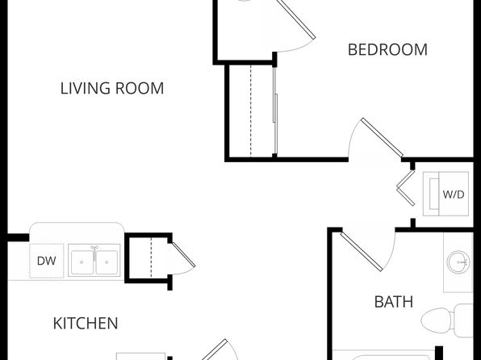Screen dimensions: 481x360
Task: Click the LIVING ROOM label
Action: (112, 89)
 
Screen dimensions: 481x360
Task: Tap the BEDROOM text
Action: (387, 50)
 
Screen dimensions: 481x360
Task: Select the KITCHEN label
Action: (86, 323)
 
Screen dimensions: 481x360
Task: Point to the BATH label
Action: (394, 302)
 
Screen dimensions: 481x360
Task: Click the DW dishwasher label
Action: (46, 261)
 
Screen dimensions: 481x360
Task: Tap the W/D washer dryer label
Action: (454, 195)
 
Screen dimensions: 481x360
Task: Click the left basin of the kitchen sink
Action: (82, 262)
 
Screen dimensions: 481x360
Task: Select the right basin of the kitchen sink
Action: (107, 262)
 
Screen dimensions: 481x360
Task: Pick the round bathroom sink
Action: (458, 262)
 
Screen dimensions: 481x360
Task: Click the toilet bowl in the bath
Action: (436, 320)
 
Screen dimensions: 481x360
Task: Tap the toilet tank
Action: (463, 320)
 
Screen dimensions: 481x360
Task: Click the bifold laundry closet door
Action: (406, 188)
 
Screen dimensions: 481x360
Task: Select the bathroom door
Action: (362, 252)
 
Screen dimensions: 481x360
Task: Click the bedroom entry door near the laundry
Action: (382, 137)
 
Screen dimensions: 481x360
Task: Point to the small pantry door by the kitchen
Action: (183, 255)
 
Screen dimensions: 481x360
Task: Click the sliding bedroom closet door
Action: (275, 111)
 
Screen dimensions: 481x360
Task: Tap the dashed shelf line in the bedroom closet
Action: (251, 111)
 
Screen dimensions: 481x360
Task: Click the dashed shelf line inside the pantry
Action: (151, 257)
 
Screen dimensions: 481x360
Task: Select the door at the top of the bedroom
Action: (296, 19)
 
